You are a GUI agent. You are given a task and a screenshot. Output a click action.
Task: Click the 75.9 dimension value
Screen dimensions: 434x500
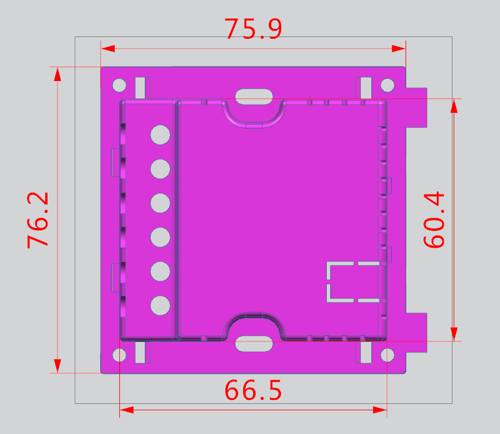click(253, 28)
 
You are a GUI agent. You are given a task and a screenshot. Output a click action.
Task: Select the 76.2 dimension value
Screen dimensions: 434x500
click(38, 220)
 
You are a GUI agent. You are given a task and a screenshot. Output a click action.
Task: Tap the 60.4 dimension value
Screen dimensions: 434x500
click(435, 220)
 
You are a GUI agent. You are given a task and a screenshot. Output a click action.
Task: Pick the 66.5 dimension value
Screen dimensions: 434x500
click(253, 391)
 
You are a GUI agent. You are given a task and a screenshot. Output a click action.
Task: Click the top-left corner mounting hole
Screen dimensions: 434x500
click(119, 86)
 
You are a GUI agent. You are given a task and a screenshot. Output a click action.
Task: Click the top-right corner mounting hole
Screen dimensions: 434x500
click(387, 86)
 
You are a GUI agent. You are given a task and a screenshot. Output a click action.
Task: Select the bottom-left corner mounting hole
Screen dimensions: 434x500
click(119, 354)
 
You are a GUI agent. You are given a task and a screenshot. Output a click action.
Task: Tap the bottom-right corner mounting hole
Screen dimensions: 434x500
click(387, 354)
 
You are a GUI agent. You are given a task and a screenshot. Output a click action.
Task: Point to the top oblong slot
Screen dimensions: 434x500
click(253, 95)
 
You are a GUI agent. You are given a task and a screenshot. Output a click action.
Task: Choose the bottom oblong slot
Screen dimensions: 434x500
click(253, 344)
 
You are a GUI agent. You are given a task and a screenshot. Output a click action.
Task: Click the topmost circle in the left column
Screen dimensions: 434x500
click(160, 135)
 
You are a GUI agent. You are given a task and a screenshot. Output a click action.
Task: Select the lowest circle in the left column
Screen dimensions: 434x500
click(160, 306)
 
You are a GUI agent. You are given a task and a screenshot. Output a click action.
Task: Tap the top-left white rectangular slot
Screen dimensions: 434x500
click(140, 88)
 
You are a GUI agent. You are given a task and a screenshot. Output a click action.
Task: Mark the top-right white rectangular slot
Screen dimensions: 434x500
click(366, 88)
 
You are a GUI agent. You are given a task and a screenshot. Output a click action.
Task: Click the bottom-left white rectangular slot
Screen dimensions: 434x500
click(140, 352)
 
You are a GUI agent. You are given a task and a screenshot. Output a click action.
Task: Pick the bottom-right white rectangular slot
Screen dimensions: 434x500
click(366, 352)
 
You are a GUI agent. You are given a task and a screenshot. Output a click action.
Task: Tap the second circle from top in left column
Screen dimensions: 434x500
click(160, 169)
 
